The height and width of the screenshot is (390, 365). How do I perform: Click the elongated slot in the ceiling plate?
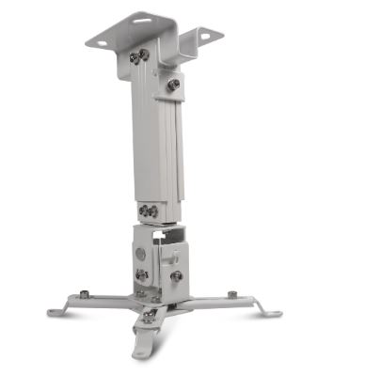pos(143,19)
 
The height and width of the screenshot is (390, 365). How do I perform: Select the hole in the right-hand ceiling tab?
pos(206,37)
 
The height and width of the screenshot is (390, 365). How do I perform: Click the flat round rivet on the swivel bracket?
pos(140,254)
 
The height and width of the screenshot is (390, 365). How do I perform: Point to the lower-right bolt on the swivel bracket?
pos(176,276)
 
